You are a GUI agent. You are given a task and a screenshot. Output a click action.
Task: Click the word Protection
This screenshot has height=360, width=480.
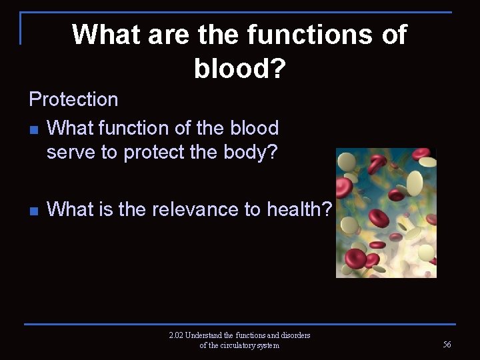pos(73,99)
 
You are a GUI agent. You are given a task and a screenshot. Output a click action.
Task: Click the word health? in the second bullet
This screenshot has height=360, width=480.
pos(299,209)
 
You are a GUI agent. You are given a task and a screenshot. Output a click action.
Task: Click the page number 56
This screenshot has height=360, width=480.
pos(447,344)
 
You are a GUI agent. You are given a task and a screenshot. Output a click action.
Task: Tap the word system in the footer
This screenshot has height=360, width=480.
pos(267,345)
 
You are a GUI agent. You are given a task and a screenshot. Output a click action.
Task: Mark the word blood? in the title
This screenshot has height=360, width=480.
pos(239,66)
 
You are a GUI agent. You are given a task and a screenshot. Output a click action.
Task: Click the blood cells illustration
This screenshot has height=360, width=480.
pos(386,213)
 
